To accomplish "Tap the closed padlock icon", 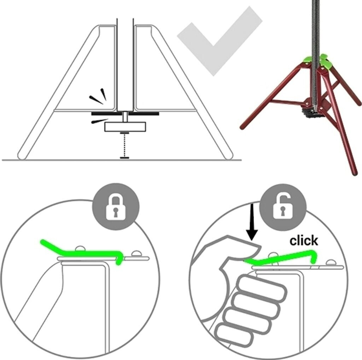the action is click(116, 207).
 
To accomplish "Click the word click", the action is click(304, 241).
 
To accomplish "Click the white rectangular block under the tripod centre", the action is click(125, 127).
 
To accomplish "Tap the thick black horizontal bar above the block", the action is click(125, 114).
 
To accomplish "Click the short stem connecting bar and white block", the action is click(125, 117).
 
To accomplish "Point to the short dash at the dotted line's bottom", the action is click(124, 158).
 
